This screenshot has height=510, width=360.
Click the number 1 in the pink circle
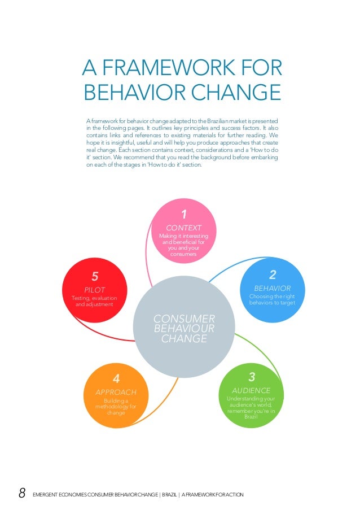183,214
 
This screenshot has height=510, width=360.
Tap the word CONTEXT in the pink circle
183,228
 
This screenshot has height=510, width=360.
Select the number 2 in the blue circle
273,274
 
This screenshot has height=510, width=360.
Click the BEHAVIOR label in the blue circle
273,288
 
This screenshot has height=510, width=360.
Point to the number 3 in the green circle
252,377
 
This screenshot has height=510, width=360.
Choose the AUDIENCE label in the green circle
252,390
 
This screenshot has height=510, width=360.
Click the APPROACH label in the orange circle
115,392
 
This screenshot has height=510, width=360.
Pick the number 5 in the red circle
95,276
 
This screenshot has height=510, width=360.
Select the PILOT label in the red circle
95,290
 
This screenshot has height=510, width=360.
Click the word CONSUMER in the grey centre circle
184,319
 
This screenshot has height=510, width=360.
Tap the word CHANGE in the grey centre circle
184,339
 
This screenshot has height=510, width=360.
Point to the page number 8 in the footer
22,494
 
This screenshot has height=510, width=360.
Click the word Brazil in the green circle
252,417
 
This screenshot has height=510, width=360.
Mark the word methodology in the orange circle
116,407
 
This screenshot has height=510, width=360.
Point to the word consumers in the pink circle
183,255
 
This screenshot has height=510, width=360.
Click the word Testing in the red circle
81,298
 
